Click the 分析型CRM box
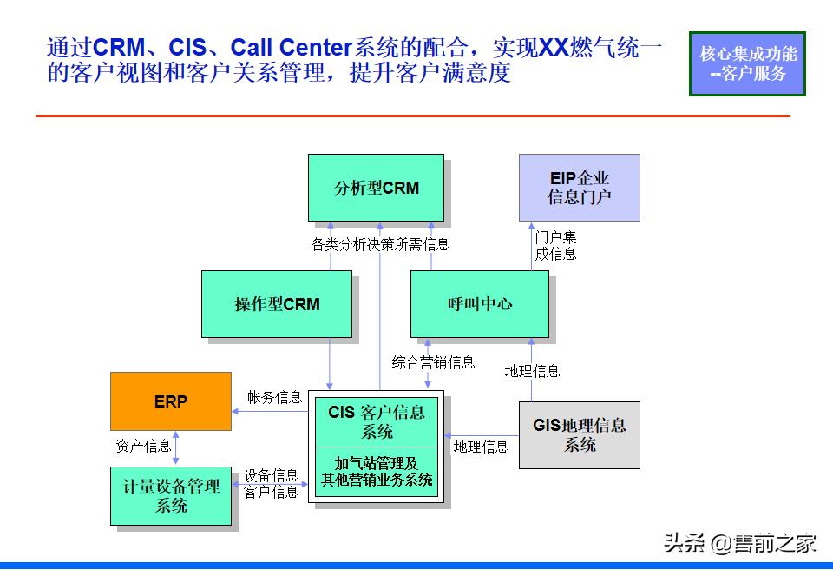click(x=376, y=188)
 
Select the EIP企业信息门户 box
click(x=579, y=188)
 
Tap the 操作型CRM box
click(x=277, y=303)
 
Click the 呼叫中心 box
click(x=479, y=303)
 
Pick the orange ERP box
click(x=171, y=401)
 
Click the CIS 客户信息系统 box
click(x=377, y=421)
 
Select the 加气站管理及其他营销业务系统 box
click(x=377, y=472)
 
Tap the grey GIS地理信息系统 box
click(x=579, y=434)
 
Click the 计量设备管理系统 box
click(x=171, y=495)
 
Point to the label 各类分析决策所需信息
click(x=380, y=245)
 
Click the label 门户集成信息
click(x=555, y=245)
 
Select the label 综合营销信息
click(x=433, y=362)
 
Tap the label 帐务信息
click(x=274, y=397)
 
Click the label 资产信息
click(x=143, y=446)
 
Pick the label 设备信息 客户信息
click(x=272, y=484)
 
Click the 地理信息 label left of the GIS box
click(x=481, y=447)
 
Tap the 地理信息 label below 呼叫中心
click(x=533, y=371)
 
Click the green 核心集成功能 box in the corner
click(x=747, y=63)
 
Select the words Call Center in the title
click(x=289, y=47)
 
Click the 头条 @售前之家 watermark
click(x=739, y=544)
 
